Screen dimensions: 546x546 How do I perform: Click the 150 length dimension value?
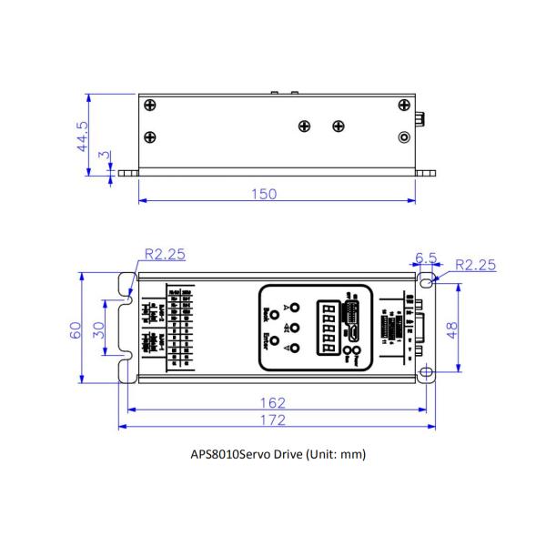[265, 194]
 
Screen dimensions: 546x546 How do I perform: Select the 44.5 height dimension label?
[82, 136]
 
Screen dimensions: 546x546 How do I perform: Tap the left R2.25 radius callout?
[165, 255]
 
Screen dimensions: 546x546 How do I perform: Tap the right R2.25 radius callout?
[476, 265]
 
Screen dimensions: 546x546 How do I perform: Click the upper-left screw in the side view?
[150, 104]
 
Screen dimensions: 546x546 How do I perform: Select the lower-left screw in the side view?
[150, 136]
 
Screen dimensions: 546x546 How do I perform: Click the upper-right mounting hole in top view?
[426, 282]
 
